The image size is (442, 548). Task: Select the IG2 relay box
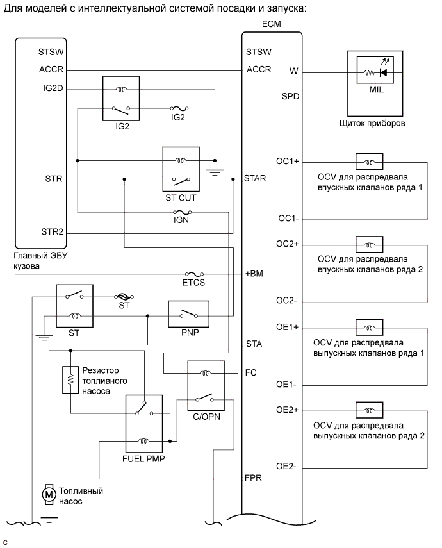click(122, 99)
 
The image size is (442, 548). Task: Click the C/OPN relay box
click(206, 389)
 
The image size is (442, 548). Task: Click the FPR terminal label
click(253, 479)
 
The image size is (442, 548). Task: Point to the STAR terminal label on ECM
click(258, 178)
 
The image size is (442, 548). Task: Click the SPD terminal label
click(291, 97)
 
